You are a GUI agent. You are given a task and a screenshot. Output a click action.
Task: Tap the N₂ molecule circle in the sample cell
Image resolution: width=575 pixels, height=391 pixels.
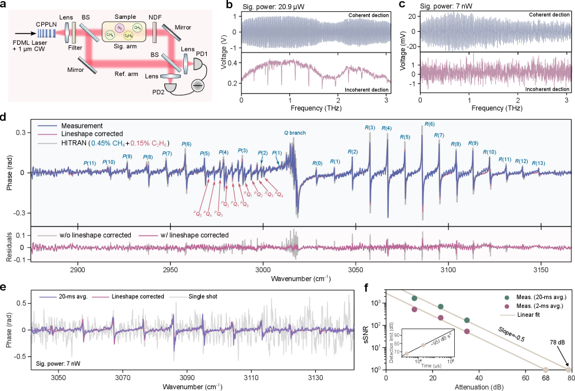(121, 27)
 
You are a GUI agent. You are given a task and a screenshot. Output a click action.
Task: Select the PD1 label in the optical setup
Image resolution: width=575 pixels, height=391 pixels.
(201, 54)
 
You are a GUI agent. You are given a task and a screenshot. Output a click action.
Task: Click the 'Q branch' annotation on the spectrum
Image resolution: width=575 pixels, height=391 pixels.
(295, 133)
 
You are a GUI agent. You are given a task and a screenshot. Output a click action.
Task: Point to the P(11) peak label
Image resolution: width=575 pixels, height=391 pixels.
(90, 163)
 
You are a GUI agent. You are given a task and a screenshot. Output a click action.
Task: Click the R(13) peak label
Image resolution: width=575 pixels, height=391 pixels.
(538, 163)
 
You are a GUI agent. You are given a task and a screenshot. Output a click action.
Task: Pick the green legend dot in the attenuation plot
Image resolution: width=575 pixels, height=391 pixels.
(508, 298)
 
